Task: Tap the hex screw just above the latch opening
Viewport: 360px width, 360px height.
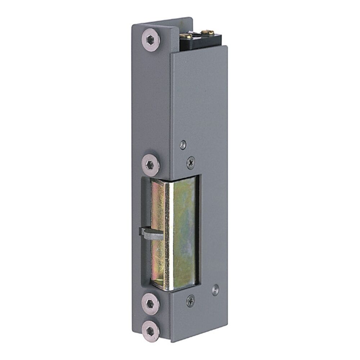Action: (151, 165)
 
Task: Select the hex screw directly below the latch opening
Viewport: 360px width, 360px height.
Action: (150, 304)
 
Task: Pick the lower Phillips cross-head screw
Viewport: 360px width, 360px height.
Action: (191, 300)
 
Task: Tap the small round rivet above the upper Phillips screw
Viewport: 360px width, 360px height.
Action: (183, 144)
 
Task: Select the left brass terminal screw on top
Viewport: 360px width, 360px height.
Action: (186, 36)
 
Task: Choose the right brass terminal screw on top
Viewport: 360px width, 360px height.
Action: (206, 33)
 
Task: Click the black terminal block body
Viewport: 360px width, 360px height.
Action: (202, 42)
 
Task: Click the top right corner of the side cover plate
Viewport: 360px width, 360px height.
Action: (227, 46)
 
